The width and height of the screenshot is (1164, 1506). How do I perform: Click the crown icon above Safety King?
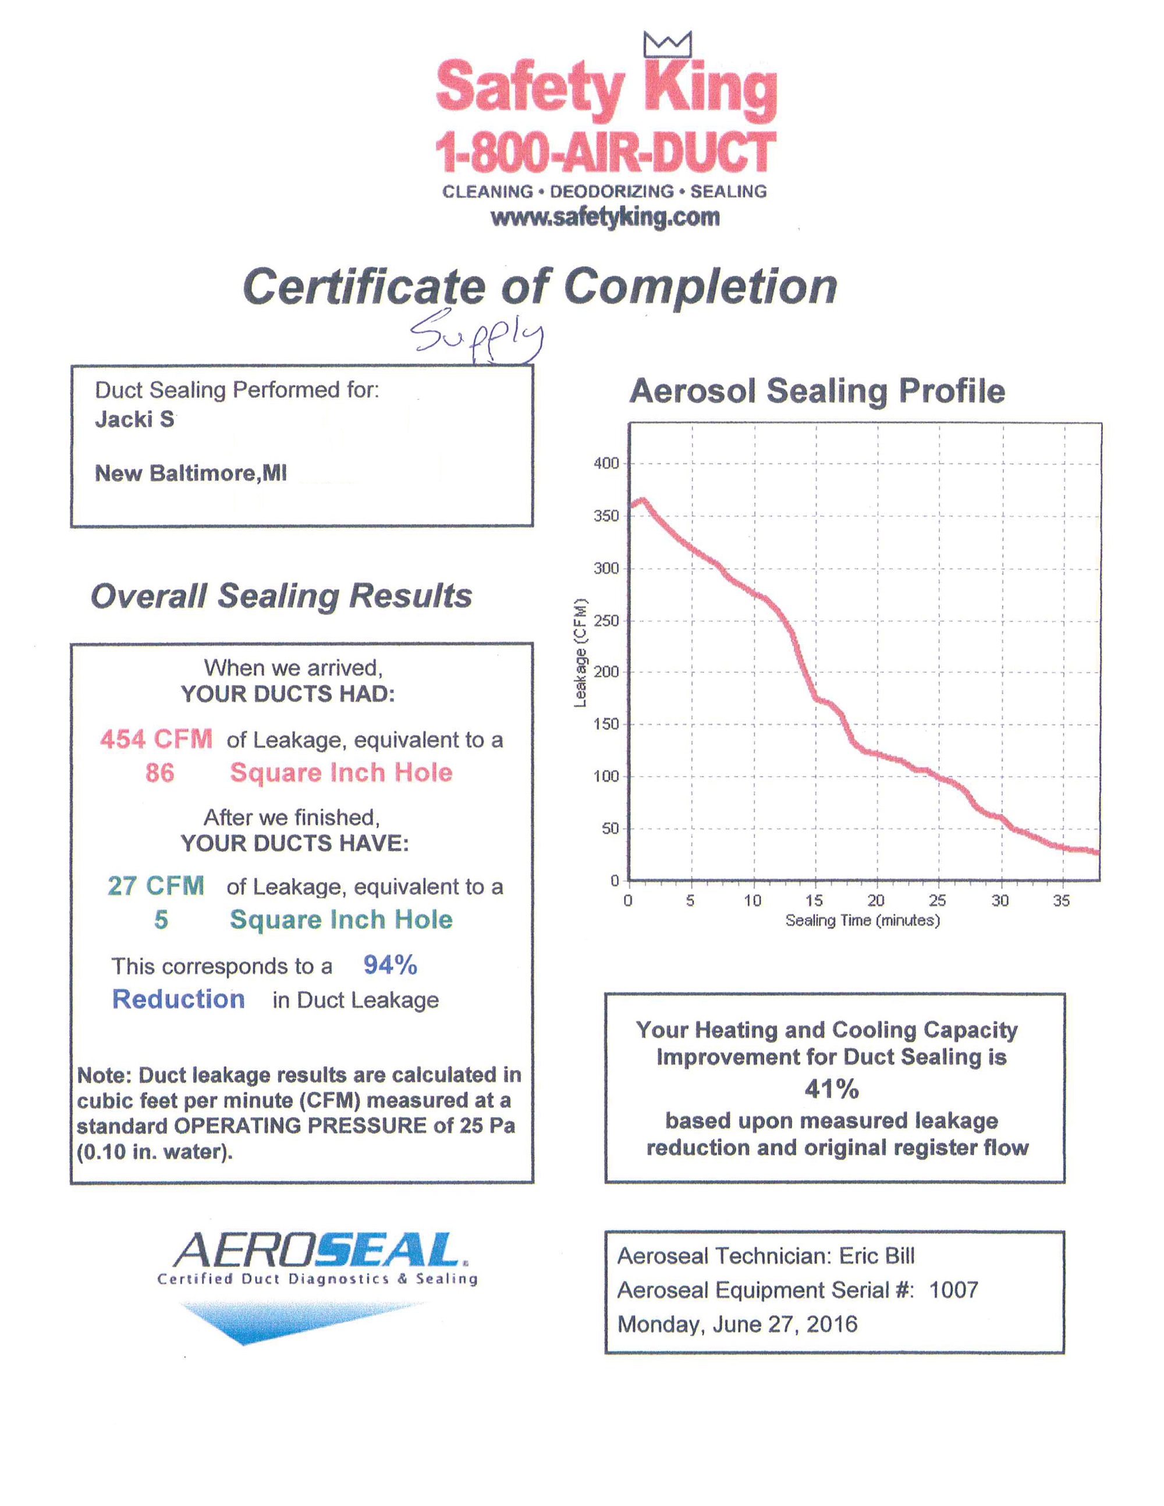667,44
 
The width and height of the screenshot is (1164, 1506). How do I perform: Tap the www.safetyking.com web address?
605,217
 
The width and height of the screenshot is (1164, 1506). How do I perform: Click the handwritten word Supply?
477,335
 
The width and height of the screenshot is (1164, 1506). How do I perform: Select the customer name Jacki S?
134,419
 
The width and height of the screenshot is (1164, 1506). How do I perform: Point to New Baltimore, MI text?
190,473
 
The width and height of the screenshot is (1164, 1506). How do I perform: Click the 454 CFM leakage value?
156,739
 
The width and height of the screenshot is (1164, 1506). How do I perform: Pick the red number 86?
159,772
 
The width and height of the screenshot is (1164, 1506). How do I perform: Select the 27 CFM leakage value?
156,886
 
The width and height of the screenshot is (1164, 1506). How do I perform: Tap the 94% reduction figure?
391,965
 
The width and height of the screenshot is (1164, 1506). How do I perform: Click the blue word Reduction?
178,999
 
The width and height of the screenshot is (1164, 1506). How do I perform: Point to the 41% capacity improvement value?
832,1089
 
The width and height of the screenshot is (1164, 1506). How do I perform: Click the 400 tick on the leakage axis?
606,463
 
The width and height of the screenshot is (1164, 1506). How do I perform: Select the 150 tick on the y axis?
606,724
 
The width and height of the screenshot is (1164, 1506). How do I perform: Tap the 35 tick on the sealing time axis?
1061,901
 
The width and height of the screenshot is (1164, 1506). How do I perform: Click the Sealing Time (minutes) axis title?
863,921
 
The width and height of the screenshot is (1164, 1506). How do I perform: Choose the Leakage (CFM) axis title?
581,652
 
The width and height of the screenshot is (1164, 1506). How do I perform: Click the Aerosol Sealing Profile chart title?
817,391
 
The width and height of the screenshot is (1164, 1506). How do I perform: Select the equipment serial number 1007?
954,1290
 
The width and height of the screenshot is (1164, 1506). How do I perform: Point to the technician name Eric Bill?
876,1256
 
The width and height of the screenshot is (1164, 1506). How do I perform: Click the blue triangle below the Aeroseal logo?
276,1320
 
